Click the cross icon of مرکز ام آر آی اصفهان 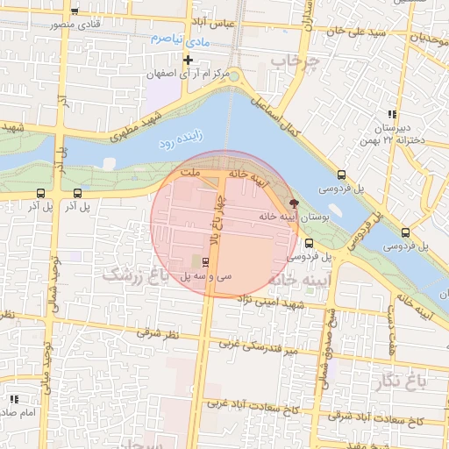point(187,60)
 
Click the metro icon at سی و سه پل point(206,261)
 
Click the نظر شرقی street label point(157,333)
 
